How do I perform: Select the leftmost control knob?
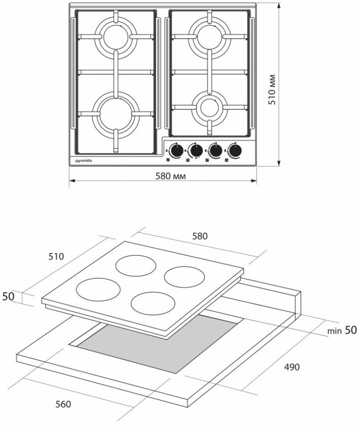pos(176,150)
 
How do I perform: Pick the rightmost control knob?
pos(234,150)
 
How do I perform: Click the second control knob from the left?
pos(195,150)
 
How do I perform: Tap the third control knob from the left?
pos(215,150)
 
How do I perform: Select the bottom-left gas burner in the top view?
pos(115,112)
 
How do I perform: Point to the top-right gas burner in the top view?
pos(208,36)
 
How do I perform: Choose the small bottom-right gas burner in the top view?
pos(208,107)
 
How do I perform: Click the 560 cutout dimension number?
pos(63,404)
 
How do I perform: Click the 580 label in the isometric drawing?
pos(200,236)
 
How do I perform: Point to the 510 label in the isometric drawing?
pos(56,257)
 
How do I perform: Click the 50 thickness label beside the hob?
pos(9,296)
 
